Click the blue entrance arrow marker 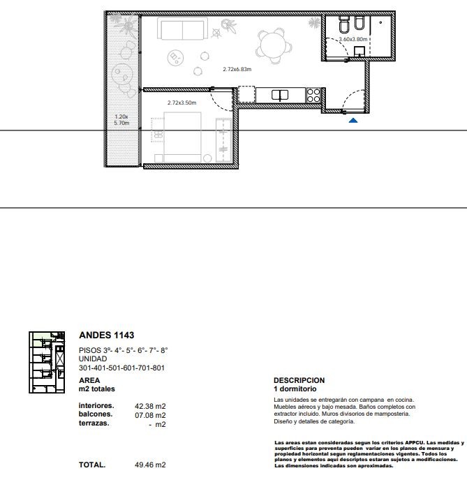click(x=353, y=120)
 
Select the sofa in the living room click(x=182, y=29)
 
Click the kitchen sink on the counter click(x=280, y=96)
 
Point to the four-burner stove click(x=313, y=95)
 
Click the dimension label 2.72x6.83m click(x=237, y=70)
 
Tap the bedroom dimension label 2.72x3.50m click(x=181, y=103)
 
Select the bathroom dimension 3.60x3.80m click(x=353, y=39)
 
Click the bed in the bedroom click(x=182, y=137)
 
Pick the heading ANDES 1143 click(x=106, y=335)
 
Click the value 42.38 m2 click(x=150, y=407)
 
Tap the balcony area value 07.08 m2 click(x=150, y=415)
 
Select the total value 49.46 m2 click(x=150, y=465)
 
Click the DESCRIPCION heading click(x=299, y=380)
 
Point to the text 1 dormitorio click(x=295, y=389)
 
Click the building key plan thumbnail click(x=47, y=363)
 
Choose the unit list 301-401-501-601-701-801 click(x=122, y=368)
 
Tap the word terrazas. click(x=94, y=423)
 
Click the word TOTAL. click(x=92, y=465)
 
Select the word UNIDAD click(x=93, y=359)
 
